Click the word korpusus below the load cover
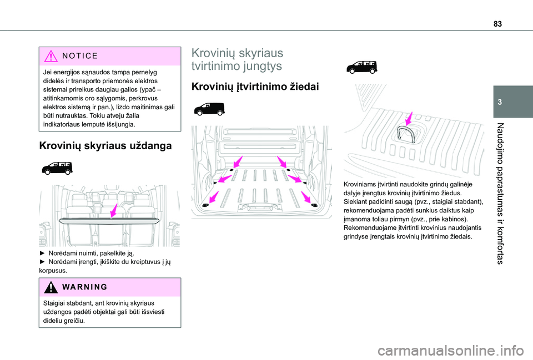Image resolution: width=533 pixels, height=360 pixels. [53, 270]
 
